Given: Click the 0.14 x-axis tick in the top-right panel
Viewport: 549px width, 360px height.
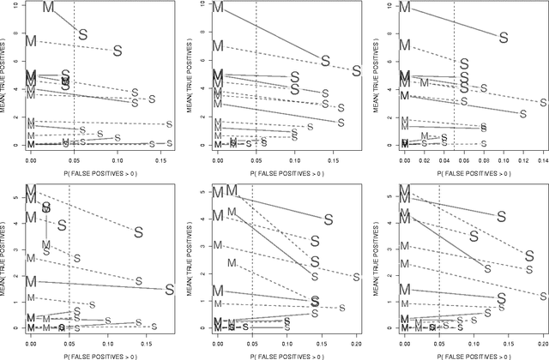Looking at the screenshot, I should click(542, 159).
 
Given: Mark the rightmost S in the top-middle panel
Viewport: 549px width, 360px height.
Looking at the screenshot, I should click(357, 71).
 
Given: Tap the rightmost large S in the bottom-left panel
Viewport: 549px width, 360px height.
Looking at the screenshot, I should click(169, 289).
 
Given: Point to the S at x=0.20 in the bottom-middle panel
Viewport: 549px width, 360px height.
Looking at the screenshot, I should click(357, 277).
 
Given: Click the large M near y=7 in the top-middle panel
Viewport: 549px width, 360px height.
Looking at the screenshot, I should click(218, 45).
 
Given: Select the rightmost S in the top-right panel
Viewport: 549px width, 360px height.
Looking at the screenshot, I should click(542, 103).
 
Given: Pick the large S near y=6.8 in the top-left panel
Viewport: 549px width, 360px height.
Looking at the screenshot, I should click(118, 51).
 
